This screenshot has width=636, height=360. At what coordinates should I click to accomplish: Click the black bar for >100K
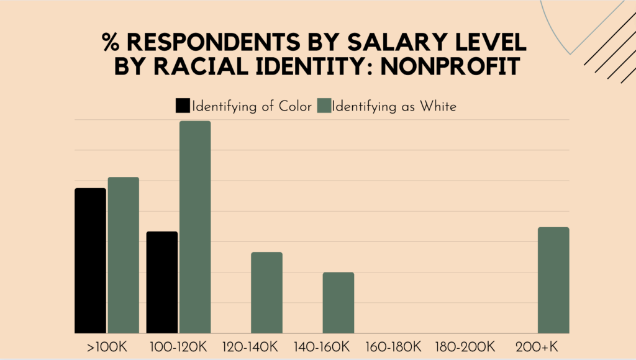click(x=90, y=261)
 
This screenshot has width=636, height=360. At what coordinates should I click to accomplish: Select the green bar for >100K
click(x=123, y=255)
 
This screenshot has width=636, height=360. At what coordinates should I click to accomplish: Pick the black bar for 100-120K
click(x=162, y=282)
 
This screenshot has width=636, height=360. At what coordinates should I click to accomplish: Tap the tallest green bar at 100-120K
click(x=195, y=227)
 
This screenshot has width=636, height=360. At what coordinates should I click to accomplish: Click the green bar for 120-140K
click(x=266, y=292)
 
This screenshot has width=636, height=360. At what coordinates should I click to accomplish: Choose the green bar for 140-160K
click(x=338, y=303)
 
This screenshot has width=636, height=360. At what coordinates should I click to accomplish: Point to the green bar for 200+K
click(x=553, y=280)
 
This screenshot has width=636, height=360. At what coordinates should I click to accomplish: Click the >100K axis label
click(x=106, y=345)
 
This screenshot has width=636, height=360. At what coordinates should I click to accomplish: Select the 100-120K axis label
click(x=178, y=345)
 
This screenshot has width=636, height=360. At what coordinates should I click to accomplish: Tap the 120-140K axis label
click(x=250, y=345)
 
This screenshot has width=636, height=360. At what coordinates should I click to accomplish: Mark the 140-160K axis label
click(x=322, y=345)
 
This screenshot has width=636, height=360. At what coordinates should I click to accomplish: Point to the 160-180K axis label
click(x=394, y=345)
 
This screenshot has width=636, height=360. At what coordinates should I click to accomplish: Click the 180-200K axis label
click(x=466, y=345)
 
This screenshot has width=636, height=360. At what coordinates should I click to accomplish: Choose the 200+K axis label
click(x=537, y=345)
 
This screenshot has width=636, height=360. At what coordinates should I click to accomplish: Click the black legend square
click(x=183, y=106)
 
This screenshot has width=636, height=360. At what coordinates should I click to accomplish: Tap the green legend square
click(x=324, y=106)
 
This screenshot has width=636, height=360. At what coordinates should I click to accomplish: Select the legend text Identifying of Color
click(x=252, y=106)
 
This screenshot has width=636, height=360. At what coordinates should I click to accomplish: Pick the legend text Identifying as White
click(x=394, y=106)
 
